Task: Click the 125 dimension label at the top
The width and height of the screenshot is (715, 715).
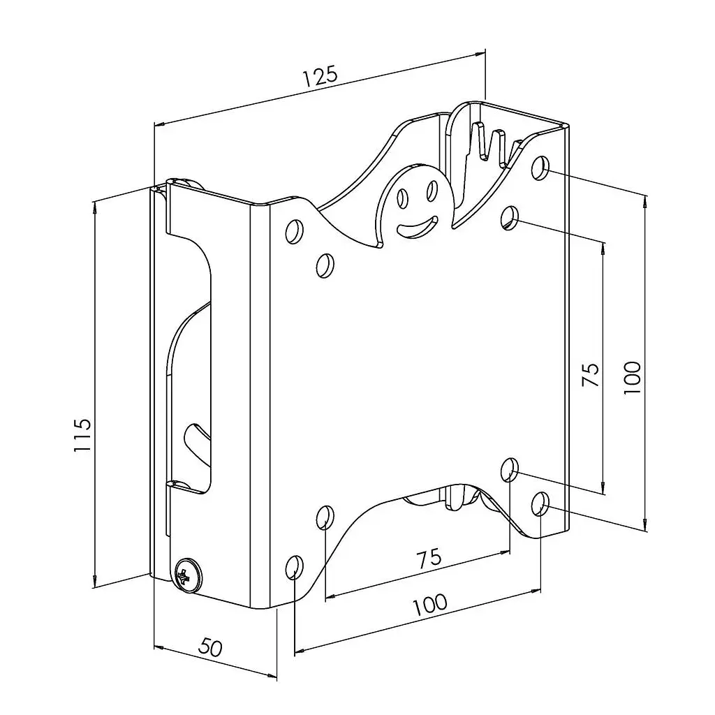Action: click(x=320, y=76)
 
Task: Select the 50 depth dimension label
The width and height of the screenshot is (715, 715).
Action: click(x=211, y=647)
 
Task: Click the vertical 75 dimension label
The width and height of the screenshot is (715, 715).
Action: click(x=591, y=374)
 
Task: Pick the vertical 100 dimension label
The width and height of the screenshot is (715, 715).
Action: click(x=633, y=378)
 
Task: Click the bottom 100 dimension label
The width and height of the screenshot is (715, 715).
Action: click(x=430, y=604)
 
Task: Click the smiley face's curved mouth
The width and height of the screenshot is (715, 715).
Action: click(x=417, y=227)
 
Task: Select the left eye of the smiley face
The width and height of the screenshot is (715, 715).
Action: click(x=403, y=198)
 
